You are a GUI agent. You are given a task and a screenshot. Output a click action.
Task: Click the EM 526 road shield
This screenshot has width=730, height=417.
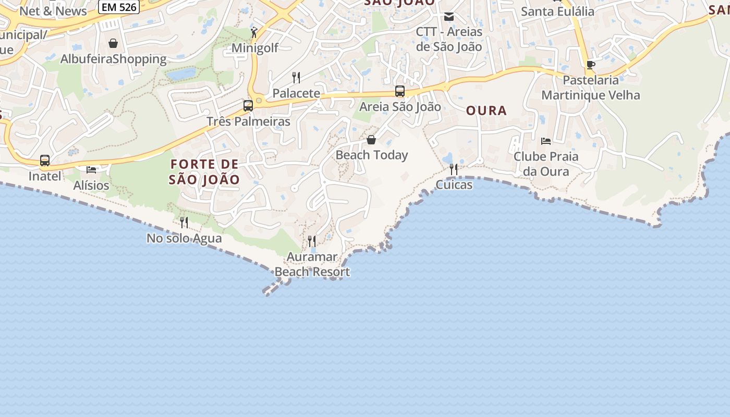[x=118, y=7]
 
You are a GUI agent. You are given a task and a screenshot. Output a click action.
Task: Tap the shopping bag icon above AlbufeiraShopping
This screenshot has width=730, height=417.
[x=113, y=43]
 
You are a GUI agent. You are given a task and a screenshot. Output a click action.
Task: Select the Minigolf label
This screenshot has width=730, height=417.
[x=255, y=48]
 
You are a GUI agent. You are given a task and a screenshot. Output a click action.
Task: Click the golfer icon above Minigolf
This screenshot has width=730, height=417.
[x=254, y=32]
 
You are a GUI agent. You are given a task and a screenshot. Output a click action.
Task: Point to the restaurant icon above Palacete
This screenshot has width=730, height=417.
[x=296, y=78]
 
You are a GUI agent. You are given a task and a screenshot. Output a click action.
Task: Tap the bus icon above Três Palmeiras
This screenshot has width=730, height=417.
[x=248, y=106]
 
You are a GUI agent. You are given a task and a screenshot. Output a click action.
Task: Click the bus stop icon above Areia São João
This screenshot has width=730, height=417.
[x=400, y=91]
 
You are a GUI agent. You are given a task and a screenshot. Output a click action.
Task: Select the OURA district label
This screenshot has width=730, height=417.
[x=486, y=111]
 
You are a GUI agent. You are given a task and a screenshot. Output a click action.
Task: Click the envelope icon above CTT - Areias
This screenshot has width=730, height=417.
[x=449, y=17]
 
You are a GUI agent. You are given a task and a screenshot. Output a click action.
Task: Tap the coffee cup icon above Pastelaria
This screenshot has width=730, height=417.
[x=590, y=65]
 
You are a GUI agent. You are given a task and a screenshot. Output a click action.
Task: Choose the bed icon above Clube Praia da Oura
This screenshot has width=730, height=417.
[x=546, y=141]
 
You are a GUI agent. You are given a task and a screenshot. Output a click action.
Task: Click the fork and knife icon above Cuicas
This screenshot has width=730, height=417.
[x=454, y=169]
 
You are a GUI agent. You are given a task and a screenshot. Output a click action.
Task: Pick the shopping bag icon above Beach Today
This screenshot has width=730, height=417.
[x=371, y=140]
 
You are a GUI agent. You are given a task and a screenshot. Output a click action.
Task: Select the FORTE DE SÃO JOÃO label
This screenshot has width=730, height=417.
[x=204, y=172]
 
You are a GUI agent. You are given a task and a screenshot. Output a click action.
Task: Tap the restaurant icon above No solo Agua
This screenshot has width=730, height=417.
[x=184, y=223]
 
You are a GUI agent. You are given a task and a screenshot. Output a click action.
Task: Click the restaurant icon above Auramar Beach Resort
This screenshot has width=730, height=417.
[x=312, y=241]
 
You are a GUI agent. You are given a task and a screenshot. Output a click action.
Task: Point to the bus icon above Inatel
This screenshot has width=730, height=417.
[x=45, y=161]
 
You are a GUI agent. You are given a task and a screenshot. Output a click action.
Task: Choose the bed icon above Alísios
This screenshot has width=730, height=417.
[x=91, y=170]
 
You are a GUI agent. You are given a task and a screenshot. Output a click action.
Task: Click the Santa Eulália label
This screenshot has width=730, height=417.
[x=557, y=11]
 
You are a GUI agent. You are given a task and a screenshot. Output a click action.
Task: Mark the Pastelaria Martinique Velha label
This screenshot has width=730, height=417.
[x=591, y=88]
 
